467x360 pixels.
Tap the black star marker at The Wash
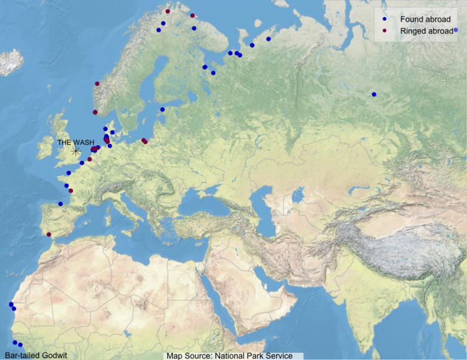(76, 151)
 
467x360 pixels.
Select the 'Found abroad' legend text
(425, 19)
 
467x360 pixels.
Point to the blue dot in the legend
(385, 19)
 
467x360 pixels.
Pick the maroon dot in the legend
(385, 30)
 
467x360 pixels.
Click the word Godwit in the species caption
(52, 355)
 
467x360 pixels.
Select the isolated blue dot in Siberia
(374, 94)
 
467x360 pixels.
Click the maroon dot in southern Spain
(49, 234)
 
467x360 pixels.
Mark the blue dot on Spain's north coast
(60, 204)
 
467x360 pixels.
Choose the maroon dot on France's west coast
(71, 191)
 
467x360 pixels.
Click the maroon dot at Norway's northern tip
(167, 12)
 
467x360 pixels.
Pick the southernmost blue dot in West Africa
(20, 345)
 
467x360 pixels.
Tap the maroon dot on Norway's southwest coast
(95, 112)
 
